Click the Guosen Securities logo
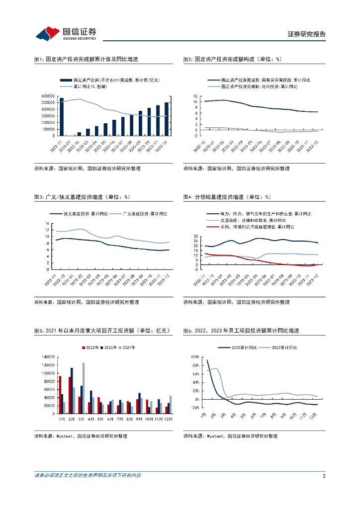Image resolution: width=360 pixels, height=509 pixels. [66, 34]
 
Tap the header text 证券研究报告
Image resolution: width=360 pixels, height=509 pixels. [307, 34]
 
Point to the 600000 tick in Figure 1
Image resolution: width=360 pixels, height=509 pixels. [48, 96]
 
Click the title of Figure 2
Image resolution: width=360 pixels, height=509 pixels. [232, 59]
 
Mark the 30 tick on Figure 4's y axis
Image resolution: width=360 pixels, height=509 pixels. [195, 237]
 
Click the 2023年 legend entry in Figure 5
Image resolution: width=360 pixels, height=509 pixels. [91, 347]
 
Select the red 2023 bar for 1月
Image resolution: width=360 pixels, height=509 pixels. [60, 395]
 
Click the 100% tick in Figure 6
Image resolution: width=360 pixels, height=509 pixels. [194, 357]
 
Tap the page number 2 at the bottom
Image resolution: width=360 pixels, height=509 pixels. [324, 476]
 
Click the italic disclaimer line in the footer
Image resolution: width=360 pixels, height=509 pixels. [88, 476]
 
